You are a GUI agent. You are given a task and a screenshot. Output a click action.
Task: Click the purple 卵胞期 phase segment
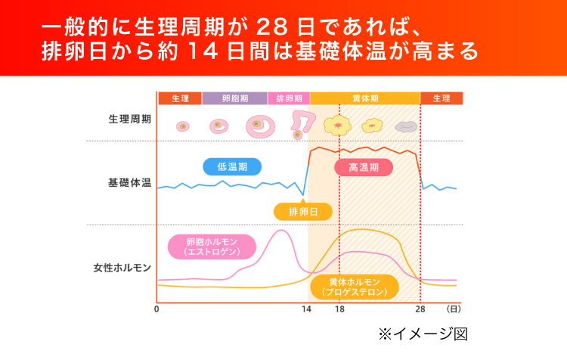point(234,98)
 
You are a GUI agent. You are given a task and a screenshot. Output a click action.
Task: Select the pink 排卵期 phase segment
point(288,98)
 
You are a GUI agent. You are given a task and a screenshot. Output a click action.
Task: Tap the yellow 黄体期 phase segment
point(365,98)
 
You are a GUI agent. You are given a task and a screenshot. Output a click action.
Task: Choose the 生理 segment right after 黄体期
point(441,98)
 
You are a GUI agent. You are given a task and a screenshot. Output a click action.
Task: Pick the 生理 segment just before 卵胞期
point(180,98)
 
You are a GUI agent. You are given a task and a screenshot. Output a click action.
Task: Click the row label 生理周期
point(129,119)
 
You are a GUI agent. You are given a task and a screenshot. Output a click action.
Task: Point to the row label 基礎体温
point(129,183)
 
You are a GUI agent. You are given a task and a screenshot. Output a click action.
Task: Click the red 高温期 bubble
point(364,167)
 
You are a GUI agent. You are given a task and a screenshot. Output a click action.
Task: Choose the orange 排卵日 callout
point(303,210)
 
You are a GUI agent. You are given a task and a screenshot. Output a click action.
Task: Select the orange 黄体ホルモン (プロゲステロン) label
point(354,287)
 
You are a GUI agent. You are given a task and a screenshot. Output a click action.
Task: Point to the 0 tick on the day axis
point(156,309)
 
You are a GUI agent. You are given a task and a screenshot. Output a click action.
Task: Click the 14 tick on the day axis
point(306,309)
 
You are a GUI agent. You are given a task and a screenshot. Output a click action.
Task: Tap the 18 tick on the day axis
point(339,309)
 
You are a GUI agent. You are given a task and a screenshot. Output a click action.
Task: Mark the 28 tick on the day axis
point(420,309)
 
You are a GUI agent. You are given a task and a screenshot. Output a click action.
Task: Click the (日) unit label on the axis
point(453,309)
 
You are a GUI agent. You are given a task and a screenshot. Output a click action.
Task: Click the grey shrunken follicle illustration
point(406,126)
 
